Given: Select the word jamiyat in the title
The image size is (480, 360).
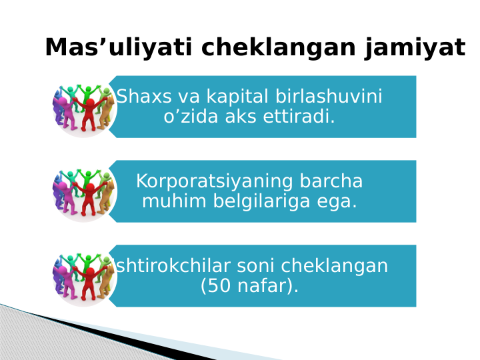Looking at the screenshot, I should click(x=415, y=48).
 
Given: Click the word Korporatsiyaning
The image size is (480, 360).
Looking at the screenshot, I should click(x=215, y=181).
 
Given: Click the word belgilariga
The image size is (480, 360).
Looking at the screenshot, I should click(x=258, y=201).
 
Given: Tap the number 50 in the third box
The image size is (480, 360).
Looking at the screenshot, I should click(x=215, y=287).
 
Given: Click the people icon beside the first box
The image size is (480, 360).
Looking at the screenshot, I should click(x=84, y=107).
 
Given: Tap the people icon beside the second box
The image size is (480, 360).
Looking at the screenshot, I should click(x=84, y=192).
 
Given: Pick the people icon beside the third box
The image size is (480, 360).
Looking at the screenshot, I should click(x=84, y=277).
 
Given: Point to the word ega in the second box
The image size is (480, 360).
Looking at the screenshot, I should click(x=335, y=201).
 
